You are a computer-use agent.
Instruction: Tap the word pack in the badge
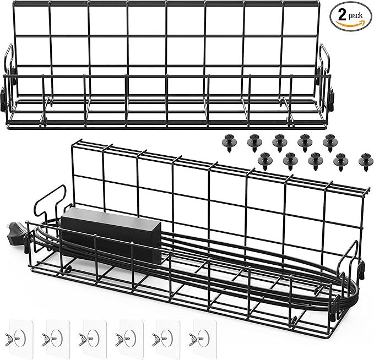(x=355, y=16)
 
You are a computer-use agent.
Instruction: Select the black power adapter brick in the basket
(x=111, y=231)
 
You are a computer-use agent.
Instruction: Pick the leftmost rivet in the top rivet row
(x=229, y=143)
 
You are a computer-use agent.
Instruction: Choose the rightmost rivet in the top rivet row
(x=330, y=143)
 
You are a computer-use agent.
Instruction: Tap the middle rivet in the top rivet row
(x=280, y=143)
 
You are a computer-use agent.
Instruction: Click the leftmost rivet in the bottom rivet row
(x=265, y=161)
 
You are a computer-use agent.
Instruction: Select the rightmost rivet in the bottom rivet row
(x=366, y=161)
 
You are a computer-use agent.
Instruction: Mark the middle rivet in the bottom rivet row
(x=315, y=161)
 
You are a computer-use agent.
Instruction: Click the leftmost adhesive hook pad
(x=20, y=337)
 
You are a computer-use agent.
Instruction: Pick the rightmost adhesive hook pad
(x=204, y=337)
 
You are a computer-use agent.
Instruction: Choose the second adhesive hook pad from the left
(x=57, y=337)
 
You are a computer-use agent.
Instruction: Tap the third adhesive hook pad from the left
(x=94, y=337)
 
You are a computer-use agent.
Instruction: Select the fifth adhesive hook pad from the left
(x=167, y=337)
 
